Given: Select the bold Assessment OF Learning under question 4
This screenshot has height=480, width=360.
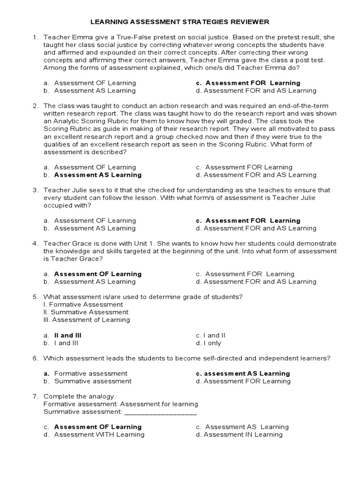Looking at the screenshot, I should click(97, 274).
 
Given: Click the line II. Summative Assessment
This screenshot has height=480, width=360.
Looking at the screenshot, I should click(85, 312).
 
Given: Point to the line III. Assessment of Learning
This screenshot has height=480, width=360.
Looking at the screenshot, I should click(86, 320).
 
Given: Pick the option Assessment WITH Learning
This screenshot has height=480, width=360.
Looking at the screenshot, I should click(99, 435).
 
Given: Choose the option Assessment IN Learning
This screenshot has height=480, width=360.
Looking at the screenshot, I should click(243, 435).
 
